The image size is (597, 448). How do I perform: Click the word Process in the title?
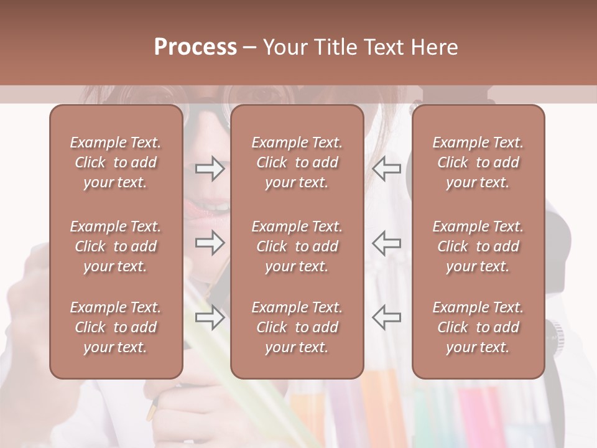point(195,47)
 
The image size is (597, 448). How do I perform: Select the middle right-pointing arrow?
point(210,243)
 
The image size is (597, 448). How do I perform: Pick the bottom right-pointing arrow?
point(210,317)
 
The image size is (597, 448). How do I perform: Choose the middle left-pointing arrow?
point(386,243)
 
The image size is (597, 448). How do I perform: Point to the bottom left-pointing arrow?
point(386,317)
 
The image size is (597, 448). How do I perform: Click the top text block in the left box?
point(116,162)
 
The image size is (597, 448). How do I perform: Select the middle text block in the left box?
point(116,246)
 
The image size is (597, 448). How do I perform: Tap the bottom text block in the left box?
point(116,327)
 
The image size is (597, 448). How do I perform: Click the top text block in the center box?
point(297,162)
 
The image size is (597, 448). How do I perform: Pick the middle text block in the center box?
point(297,246)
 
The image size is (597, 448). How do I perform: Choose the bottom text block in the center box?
point(297,327)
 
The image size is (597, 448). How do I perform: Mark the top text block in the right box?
point(478,162)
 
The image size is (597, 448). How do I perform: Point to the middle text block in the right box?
point(478,246)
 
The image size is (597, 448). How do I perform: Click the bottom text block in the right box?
point(478,327)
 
